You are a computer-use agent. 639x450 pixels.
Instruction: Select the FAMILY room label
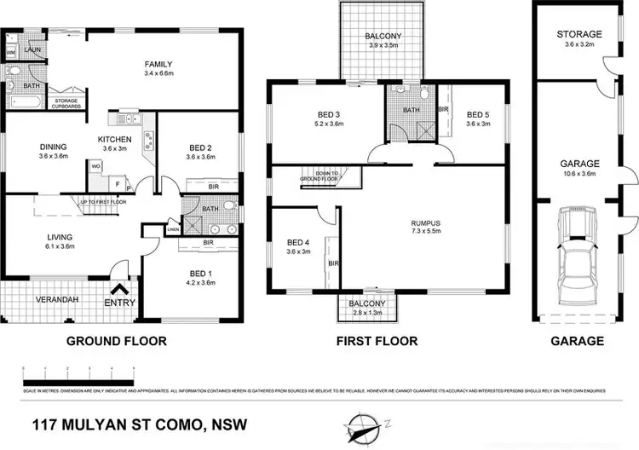(x=158, y=64)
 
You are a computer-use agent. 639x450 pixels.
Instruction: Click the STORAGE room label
(x=579, y=35)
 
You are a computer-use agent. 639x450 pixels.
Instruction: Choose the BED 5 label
(x=478, y=114)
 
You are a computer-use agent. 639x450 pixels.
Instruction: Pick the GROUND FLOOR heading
(x=117, y=341)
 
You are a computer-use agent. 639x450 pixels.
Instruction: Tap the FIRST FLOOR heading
(x=377, y=341)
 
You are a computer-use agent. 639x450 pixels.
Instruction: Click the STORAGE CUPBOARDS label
(x=66, y=104)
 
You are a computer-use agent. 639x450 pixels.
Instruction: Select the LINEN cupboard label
(x=173, y=230)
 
